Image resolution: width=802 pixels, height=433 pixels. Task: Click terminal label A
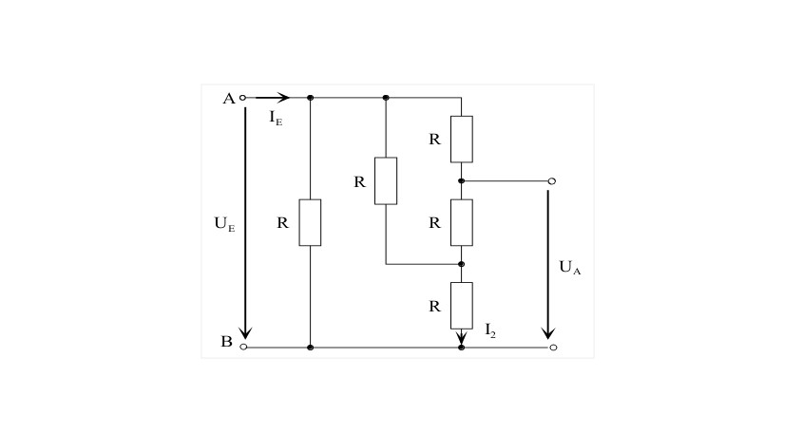229,98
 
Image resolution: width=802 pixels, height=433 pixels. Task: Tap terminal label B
226,342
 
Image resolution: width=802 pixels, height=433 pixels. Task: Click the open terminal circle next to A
243,98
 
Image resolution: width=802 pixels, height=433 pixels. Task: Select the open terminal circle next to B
244,348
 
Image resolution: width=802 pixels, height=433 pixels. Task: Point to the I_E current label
276,118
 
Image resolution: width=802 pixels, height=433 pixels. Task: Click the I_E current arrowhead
284,98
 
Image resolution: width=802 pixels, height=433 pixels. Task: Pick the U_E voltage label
224,224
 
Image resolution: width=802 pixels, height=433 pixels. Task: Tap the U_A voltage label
570,268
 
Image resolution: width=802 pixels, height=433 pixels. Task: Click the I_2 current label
490,330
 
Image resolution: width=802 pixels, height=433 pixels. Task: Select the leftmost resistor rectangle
310,222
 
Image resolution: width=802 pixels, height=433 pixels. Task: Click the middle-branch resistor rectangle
386,181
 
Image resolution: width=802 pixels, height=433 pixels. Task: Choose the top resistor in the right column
462,139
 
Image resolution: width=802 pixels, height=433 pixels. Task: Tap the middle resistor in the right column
462,222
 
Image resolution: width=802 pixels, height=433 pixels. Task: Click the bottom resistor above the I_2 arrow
462,306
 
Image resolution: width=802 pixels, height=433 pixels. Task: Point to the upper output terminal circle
552,181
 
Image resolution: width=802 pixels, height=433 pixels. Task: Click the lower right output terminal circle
553,348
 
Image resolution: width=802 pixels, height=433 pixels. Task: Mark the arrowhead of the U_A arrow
548,332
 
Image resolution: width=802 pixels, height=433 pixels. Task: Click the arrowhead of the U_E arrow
245,332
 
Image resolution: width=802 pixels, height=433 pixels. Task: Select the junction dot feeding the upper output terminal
462,181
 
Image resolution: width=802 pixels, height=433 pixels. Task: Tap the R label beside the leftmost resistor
283,223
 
